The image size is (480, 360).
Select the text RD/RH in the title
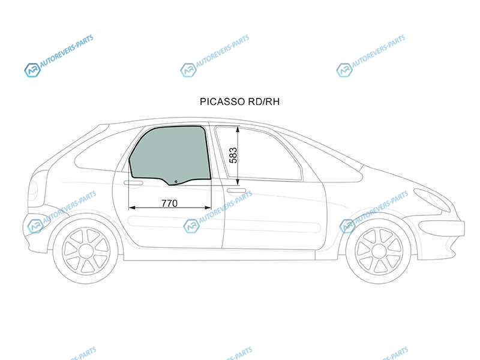tap(263, 101)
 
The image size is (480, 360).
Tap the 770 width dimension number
tap(169, 203)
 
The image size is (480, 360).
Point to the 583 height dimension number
tap(233, 155)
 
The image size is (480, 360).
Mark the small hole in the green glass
tap(176, 182)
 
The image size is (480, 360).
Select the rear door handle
tap(133, 183)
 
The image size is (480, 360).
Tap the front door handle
tap(236, 191)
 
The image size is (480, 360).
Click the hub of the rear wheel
tap(86, 251)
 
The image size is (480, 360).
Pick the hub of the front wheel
tap(379, 251)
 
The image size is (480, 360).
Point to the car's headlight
tap(431, 200)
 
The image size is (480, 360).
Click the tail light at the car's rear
tap(33, 190)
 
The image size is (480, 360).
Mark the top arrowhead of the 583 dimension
tap(238, 129)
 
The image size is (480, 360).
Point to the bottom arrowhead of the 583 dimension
tap(238, 182)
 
